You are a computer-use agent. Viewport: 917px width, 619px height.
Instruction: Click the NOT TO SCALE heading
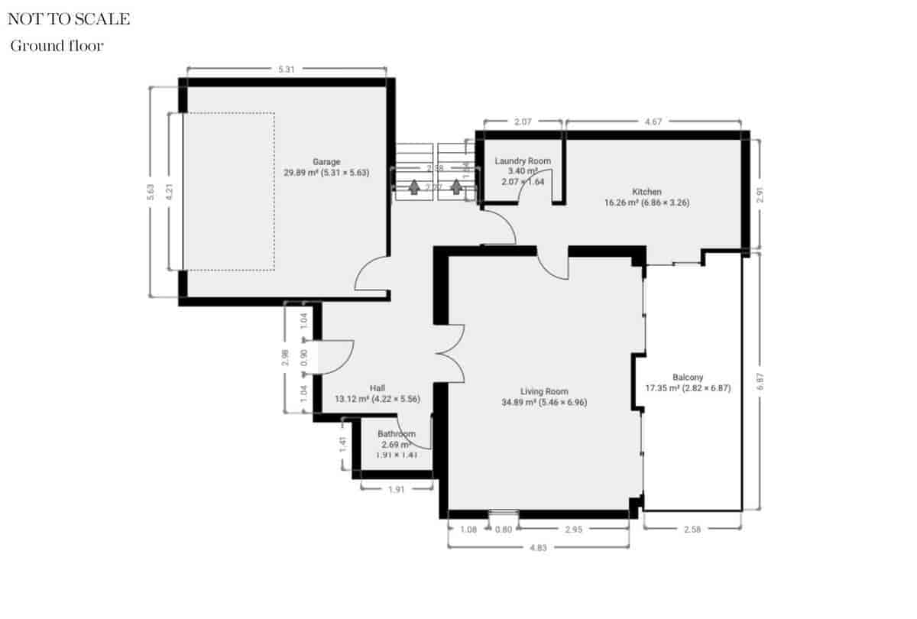[x=69, y=19]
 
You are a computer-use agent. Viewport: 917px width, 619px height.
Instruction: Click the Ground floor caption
[x=57, y=46]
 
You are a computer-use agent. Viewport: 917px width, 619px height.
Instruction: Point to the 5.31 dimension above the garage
[x=287, y=70]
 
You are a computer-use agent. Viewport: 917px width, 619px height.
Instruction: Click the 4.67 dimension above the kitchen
[x=653, y=121]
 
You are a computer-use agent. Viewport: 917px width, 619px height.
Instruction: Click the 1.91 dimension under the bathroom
[x=396, y=490]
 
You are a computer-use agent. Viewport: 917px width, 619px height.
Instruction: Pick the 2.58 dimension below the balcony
[x=692, y=529]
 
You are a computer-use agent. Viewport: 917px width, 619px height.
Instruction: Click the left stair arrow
[x=414, y=186]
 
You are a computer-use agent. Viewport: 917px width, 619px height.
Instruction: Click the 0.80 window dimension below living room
[x=504, y=529]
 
